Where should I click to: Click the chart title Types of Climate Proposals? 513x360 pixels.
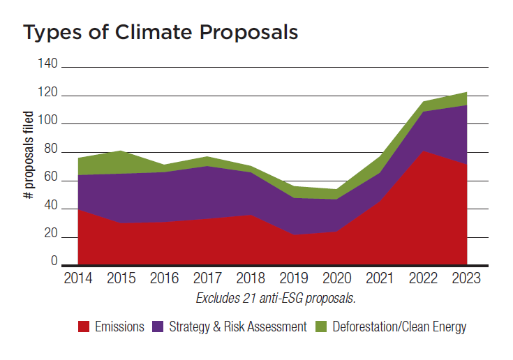click(161, 33)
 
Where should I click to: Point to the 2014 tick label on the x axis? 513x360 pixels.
click(77, 279)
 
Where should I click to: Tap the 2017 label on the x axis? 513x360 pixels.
click(207, 279)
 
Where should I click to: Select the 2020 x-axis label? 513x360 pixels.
click(337, 279)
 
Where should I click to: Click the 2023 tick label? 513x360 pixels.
click(466, 279)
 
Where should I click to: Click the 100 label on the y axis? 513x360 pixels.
click(48, 123)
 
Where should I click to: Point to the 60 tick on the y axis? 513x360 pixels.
click(51, 181)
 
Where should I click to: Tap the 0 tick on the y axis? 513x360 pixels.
click(54, 262)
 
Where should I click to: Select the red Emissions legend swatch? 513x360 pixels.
click(84, 327)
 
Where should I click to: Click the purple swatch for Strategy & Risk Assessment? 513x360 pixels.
click(158, 327)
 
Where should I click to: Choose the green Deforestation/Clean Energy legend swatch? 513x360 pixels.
click(321, 327)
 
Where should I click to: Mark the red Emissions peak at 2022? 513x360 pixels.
click(423, 151)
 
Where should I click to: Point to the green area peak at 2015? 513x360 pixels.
click(121, 151)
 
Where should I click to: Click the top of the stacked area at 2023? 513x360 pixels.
click(466, 93)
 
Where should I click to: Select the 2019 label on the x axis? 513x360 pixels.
click(294, 279)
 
